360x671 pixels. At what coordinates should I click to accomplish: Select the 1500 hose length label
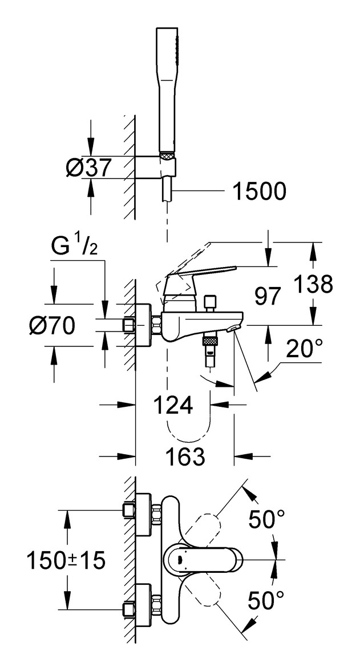click(259, 191)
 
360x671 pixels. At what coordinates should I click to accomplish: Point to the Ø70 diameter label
click(52, 326)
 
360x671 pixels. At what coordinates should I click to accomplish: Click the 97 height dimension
click(268, 296)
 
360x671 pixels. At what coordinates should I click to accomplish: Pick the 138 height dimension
click(314, 284)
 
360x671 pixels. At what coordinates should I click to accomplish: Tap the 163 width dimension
click(185, 456)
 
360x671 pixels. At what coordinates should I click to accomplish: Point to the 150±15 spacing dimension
click(66, 560)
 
